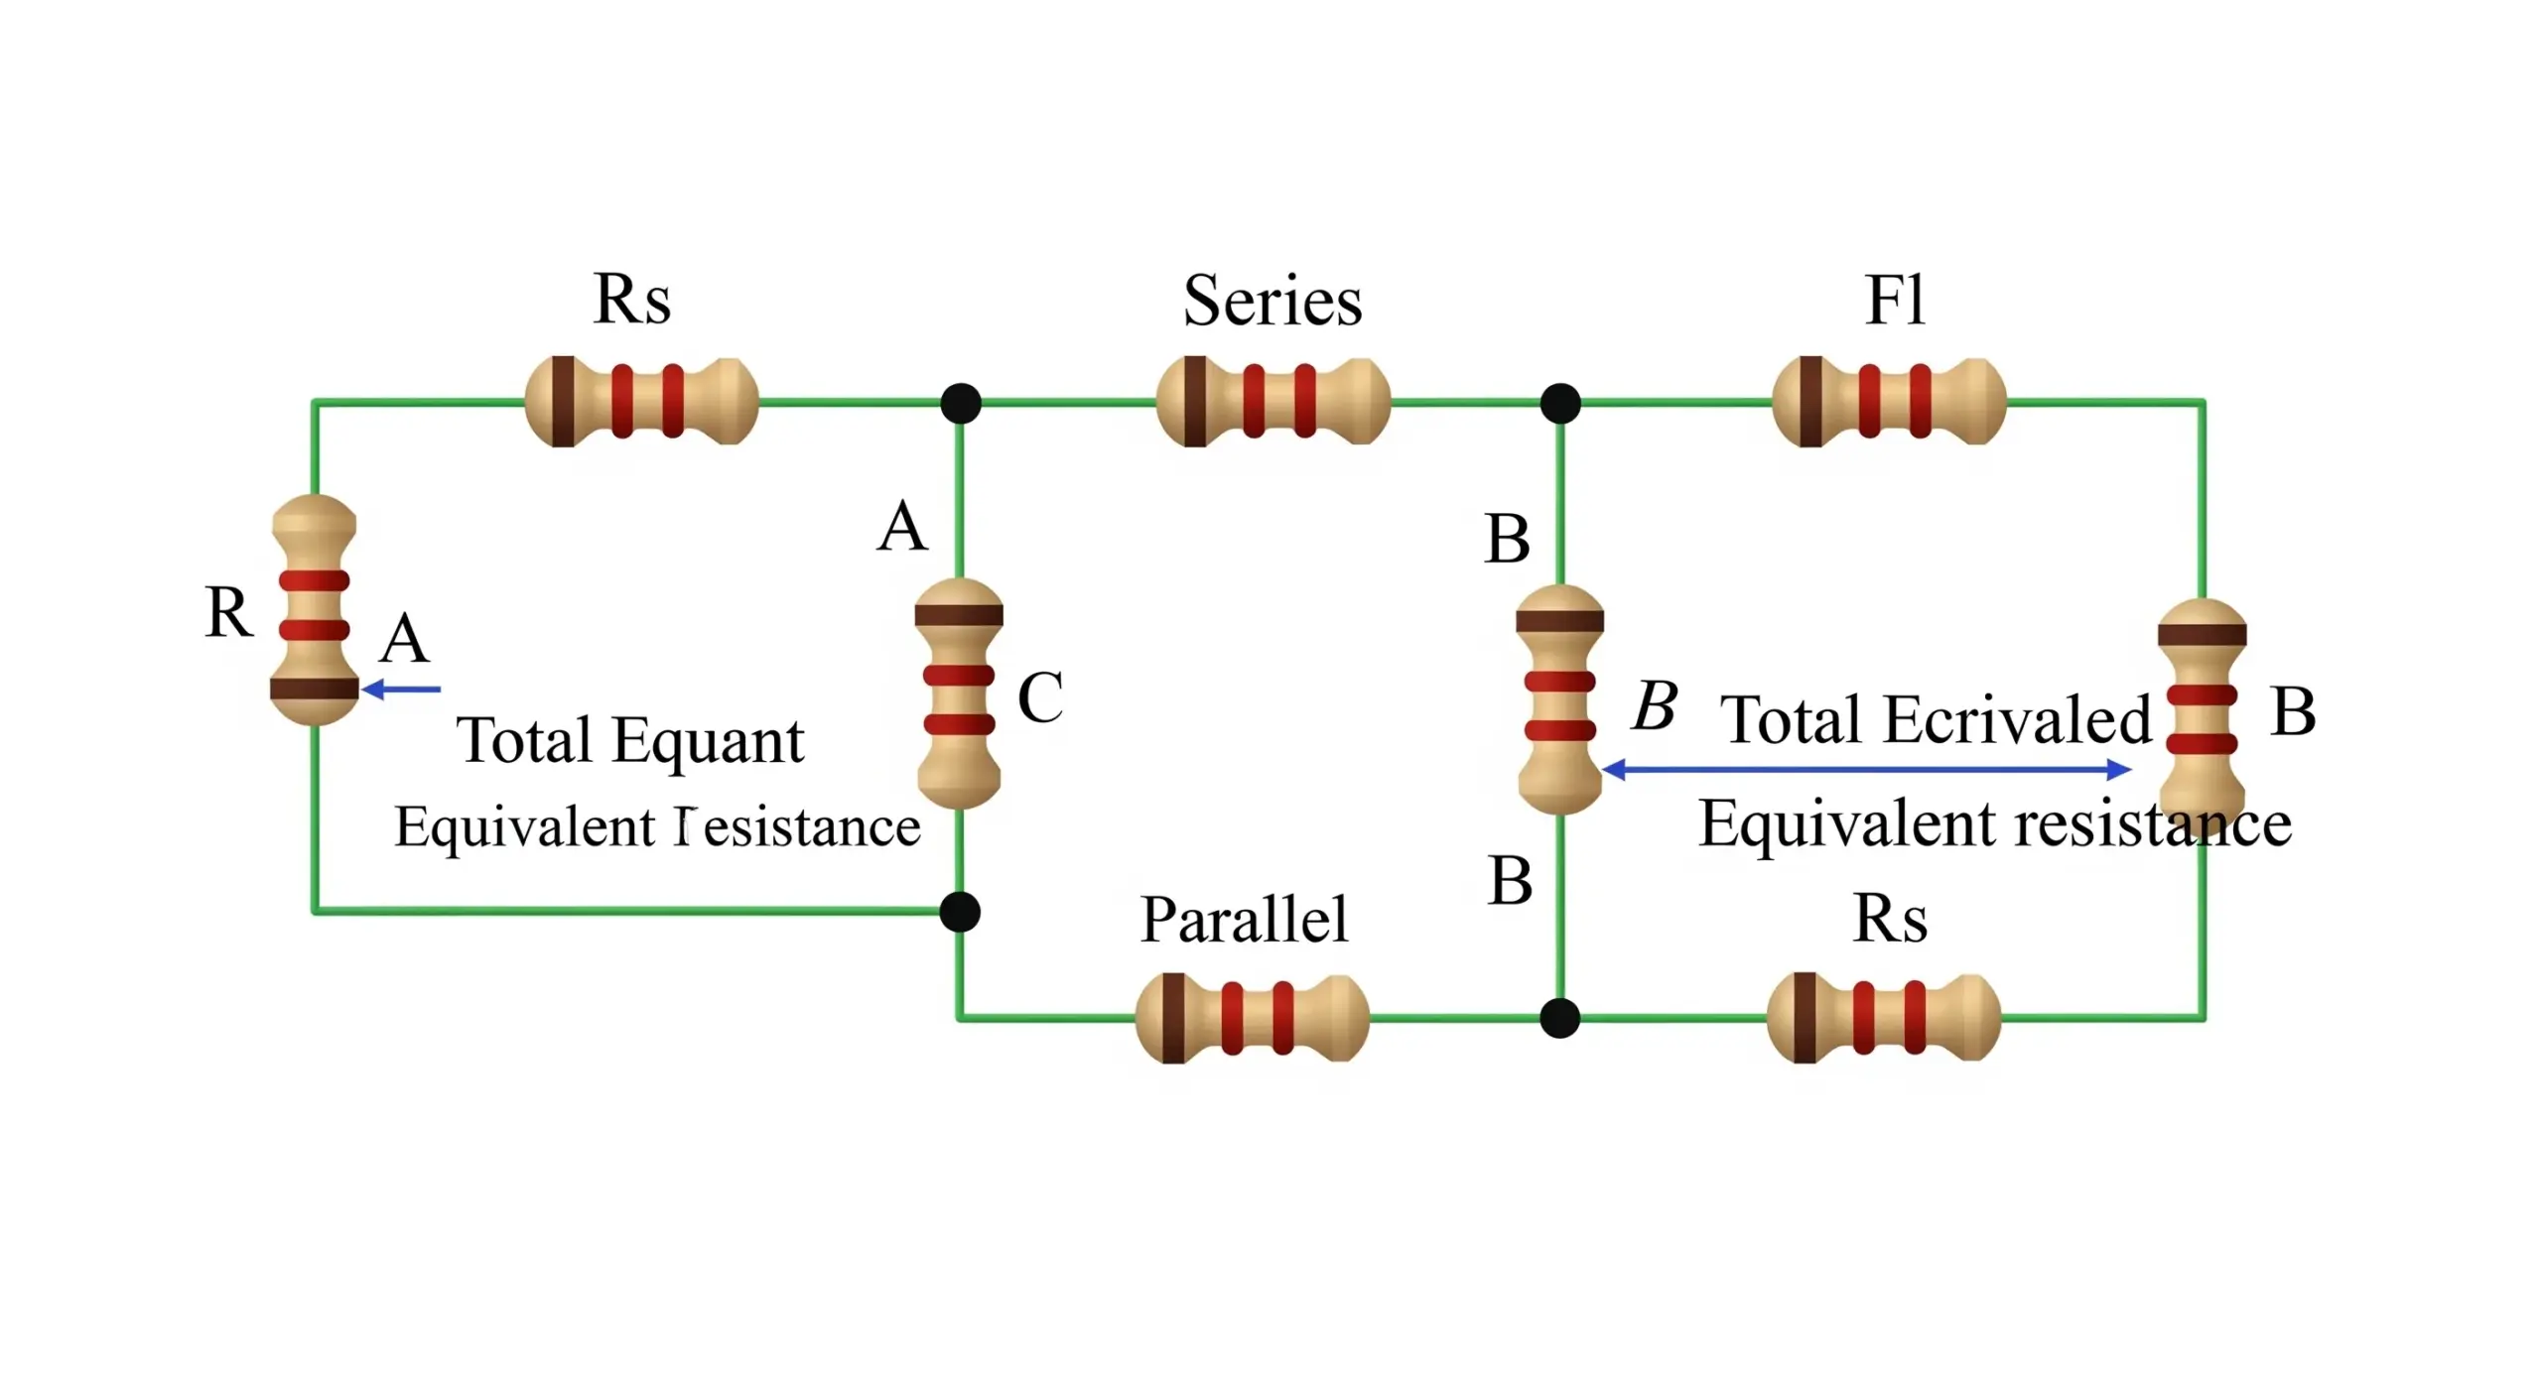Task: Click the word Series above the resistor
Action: click(x=1271, y=300)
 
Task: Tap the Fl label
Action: click(x=1895, y=299)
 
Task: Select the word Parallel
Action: click(x=1244, y=919)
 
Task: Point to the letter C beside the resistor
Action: click(x=1040, y=696)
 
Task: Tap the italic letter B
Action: click(x=1655, y=705)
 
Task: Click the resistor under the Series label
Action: click(x=1272, y=402)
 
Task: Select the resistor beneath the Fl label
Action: click(x=1889, y=402)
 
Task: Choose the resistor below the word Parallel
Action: click(x=1252, y=1018)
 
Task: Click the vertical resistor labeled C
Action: click(x=959, y=693)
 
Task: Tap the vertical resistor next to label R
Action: click(x=314, y=610)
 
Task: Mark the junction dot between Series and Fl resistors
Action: click(x=1560, y=403)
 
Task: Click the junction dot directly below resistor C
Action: click(x=960, y=912)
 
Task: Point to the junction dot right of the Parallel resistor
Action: click(x=1560, y=1018)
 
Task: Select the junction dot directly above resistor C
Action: click(x=961, y=403)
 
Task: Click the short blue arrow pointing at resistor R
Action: click(x=401, y=689)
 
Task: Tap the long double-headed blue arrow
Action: click(x=1867, y=769)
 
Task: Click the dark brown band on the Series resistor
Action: click(x=1195, y=402)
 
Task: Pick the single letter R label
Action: click(x=229, y=611)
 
